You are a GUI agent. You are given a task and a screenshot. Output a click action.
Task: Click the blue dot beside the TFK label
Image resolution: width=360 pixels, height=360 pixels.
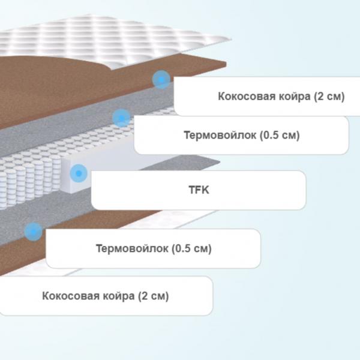coord(79,173)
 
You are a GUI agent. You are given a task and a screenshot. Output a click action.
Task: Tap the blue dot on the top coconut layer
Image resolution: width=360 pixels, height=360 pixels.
coord(161,80)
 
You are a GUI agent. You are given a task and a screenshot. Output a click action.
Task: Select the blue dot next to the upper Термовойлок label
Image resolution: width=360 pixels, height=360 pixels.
coord(121,118)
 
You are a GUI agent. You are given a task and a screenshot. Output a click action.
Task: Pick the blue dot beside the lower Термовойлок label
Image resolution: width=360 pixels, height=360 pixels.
coord(34,232)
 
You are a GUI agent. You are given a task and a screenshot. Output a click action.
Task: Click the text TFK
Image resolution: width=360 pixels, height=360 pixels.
coord(199,190)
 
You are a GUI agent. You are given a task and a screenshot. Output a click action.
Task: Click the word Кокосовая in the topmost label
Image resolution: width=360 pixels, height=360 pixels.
coord(247,96)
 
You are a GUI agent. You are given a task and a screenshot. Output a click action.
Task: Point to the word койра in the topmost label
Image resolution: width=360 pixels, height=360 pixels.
coord(295,97)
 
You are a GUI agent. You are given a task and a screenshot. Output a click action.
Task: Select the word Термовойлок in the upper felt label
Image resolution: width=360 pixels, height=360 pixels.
coord(220,135)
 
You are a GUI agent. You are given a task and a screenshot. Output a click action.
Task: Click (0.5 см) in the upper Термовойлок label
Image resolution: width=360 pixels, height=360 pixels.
coord(280,135)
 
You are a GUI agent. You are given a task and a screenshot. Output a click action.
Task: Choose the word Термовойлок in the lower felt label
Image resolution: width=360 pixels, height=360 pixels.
coord(132,248)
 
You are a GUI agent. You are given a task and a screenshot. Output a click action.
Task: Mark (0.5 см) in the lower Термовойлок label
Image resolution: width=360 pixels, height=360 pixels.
coord(192,248)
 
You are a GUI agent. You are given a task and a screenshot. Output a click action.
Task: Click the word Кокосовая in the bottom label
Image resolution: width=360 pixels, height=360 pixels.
coord(71,296)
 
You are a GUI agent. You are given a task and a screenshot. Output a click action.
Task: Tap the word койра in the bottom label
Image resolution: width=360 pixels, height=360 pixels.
coord(118,296)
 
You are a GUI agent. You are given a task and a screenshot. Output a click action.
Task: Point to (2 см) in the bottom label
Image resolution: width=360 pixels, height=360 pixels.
coord(154,296)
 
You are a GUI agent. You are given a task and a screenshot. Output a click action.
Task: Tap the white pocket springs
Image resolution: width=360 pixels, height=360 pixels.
coord(34,175)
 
